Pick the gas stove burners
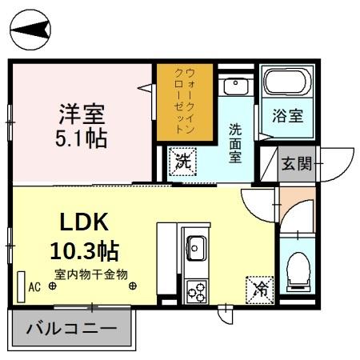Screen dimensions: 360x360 [196, 290]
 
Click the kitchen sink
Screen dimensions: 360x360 [195, 244]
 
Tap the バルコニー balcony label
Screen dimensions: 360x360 [71, 328]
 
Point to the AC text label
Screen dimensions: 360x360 [34, 286]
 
